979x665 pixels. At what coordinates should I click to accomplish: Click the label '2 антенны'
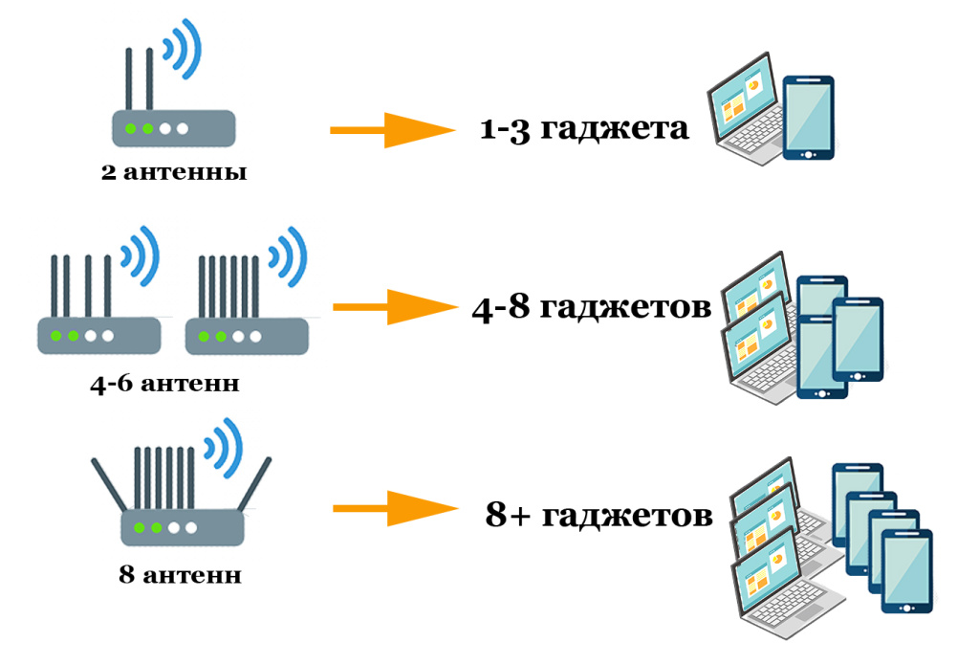tap(173, 174)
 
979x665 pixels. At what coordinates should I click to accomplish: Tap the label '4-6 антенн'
tap(163, 385)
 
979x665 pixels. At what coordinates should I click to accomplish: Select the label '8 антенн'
tap(180, 576)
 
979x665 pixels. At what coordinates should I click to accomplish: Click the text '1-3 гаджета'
tap(584, 128)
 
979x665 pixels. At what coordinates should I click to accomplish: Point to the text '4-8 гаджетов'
tap(592, 308)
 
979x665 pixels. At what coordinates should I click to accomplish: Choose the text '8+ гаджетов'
tap(599, 516)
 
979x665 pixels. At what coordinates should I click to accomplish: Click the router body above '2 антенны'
tap(173, 128)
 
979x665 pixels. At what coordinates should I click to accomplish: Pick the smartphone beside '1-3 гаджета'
tap(808, 117)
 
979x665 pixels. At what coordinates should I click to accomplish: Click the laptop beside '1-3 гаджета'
tap(745, 110)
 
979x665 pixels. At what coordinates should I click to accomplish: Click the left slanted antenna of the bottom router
tap(108, 486)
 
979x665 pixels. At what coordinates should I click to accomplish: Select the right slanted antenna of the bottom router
tap(254, 486)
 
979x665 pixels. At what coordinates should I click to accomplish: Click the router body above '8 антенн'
tap(183, 527)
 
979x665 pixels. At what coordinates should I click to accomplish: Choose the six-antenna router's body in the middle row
tap(246, 336)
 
